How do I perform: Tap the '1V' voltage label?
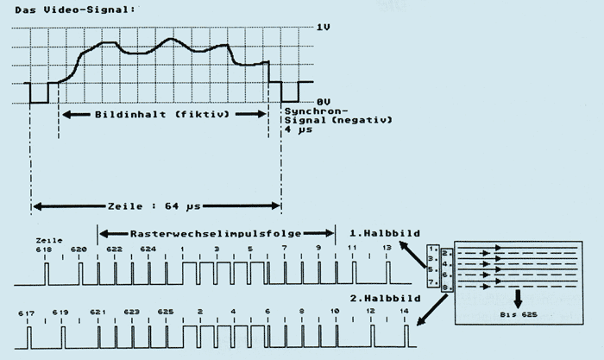tap(324, 27)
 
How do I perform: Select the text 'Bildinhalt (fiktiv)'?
tap(161, 114)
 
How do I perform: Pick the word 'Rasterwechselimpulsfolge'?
tap(217, 233)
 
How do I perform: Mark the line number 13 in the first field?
tap(387, 249)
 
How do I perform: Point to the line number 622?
tap(115, 249)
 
